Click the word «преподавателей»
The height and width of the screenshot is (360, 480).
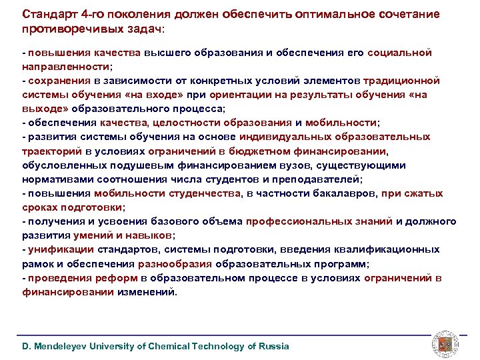pos(319,179)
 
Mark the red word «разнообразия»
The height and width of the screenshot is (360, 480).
pos(174,263)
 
